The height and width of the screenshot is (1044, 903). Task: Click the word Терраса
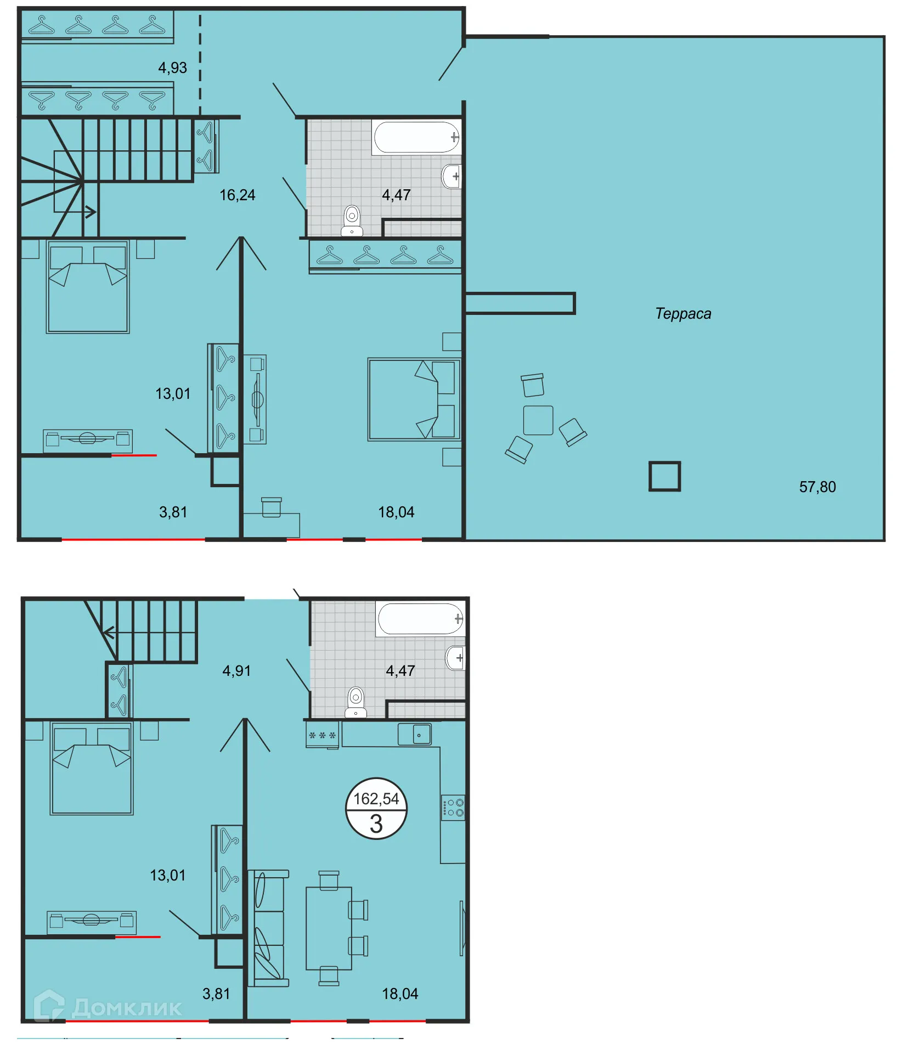683,314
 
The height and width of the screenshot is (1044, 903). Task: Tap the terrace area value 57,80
817,487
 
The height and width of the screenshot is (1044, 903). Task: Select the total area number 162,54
376,799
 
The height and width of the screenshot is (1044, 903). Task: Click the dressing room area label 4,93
172,67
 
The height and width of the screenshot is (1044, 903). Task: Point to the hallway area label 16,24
237,195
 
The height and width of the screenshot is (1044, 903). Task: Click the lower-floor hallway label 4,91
236,670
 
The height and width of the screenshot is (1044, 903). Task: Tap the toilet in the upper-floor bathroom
352,221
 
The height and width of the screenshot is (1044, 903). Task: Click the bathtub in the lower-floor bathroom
420,619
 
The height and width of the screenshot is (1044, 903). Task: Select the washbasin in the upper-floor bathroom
451,176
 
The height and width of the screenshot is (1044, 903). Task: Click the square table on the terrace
538,420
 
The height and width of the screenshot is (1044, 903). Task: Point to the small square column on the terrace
664,476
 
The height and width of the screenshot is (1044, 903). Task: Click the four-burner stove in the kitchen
453,808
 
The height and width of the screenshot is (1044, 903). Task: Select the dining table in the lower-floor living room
329,928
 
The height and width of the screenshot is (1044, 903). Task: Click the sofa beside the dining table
268,928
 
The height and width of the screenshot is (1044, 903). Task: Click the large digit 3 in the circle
376,824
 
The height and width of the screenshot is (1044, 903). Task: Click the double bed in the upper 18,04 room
414,399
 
